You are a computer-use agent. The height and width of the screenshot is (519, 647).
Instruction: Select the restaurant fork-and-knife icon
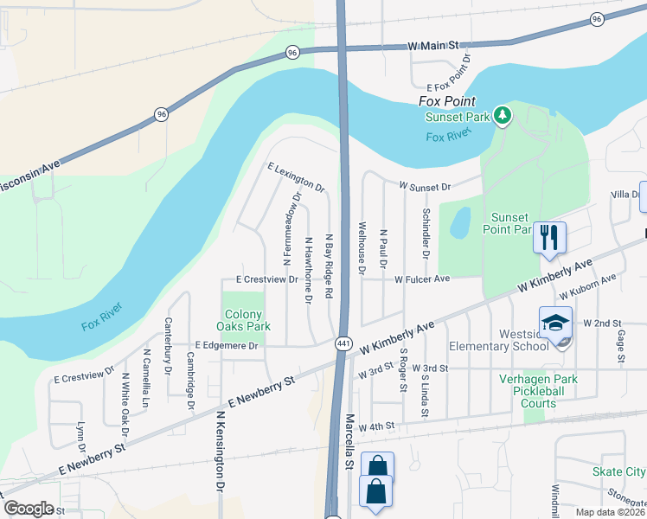549,237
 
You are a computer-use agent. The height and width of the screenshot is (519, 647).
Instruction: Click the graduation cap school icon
555,323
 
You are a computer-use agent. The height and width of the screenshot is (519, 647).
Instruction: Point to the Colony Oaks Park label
247,320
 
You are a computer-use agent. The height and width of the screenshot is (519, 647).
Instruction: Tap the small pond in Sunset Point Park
460,223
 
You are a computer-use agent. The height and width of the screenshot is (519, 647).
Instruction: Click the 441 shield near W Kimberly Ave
343,343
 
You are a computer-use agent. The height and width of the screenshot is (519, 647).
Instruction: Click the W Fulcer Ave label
423,279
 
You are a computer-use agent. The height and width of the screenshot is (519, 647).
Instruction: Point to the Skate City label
618,471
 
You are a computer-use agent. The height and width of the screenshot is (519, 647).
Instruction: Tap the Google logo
29,508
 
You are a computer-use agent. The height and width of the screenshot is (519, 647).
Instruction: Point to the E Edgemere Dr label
227,345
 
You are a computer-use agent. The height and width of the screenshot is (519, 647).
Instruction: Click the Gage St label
620,332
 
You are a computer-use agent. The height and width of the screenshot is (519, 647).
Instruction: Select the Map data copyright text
611,512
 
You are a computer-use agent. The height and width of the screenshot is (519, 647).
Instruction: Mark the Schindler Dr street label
426,233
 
